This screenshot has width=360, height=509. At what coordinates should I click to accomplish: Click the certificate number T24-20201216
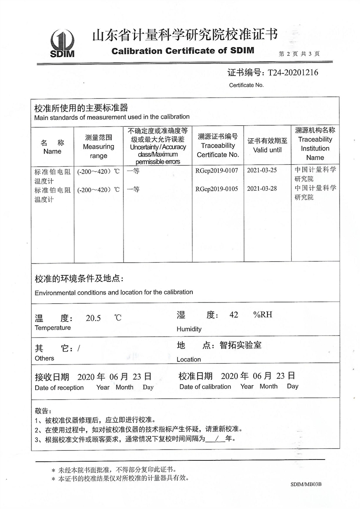tap(290, 73)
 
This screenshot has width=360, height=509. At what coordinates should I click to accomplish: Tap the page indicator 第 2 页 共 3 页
tap(299, 54)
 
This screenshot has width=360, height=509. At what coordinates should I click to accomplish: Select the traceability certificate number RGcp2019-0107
tap(216, 171)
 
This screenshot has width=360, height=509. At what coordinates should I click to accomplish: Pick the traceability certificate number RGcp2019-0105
tap(216, 189)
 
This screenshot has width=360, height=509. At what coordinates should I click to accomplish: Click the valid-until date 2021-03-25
tap(262, 171)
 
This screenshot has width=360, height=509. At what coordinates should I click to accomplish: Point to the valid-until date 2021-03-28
tap(262, 189)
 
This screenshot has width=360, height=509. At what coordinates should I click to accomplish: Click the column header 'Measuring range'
tap(98, 146)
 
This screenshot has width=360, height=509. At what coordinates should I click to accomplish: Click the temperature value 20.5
tap(93, 318)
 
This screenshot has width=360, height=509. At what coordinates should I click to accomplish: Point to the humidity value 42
tap(234, 315)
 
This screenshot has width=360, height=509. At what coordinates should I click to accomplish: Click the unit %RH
tap(262, 315)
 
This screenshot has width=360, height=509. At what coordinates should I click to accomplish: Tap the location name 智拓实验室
tap(240, 346)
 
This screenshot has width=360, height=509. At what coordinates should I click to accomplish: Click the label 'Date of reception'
tap(59, 388)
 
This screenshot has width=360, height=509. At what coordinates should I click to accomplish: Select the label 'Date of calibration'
tap(205, 387)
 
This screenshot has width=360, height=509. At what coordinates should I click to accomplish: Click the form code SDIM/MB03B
tap(306, 485)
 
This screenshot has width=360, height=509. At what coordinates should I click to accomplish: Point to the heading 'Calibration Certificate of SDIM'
tap(183, 51)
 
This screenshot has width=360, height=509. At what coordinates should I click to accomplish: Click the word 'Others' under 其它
tap(44, 359)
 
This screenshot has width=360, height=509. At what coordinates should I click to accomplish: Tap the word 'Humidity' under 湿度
tap(189, 329)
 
